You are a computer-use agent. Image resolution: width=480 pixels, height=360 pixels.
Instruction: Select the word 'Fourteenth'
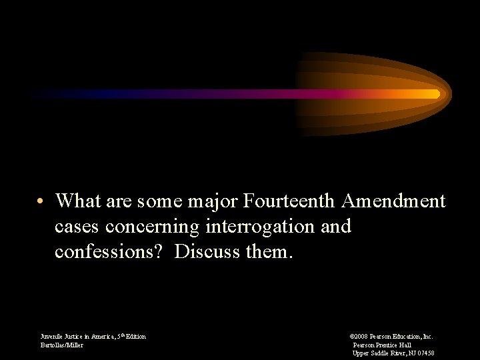[293, 201]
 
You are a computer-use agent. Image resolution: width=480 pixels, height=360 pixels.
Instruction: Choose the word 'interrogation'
[261, 227]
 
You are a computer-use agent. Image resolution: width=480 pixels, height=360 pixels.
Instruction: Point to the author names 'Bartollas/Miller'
[62, 345]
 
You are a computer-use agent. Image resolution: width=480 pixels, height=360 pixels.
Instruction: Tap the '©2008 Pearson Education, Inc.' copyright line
[391, 337]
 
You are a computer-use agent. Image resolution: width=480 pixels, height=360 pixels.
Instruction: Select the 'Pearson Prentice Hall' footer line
[382, 345]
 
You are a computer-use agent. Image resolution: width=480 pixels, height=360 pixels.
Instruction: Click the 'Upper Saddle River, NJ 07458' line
[393, 353]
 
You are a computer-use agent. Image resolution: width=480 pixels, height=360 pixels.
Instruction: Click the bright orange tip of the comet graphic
[435, 94]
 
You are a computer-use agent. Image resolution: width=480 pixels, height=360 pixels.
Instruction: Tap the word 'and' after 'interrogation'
[336, 227]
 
